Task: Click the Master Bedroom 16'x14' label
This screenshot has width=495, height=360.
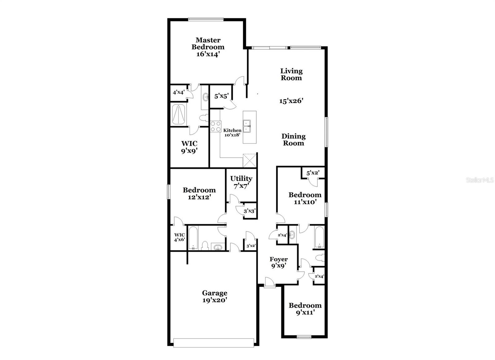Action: [208, 47]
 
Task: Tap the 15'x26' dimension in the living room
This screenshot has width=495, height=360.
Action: [291, 101]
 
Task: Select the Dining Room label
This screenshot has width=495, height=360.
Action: [293, 140]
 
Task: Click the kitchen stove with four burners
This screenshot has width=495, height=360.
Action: [215, 126]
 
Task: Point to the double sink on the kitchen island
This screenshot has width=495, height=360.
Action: [247, 126]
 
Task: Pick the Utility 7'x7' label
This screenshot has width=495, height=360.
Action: [241, 182]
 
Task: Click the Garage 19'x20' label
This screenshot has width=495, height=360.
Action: [215, 296]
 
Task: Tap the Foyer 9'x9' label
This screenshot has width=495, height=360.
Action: [278, 262]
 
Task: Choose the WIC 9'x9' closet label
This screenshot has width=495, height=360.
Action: [189, 147]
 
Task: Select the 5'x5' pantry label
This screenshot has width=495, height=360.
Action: [221, 96]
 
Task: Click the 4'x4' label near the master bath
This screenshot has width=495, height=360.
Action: [179, 92]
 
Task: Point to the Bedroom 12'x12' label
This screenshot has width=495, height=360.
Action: [199, 193]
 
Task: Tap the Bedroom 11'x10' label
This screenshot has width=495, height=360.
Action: [305, 198]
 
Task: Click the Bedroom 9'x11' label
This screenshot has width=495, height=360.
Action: [305, 309]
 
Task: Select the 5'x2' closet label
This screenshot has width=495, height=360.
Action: [313, 173]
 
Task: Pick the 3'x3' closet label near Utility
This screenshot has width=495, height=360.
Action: [249, 211]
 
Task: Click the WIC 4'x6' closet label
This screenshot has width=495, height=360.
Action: [179, 237]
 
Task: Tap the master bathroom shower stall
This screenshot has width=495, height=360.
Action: [179, 114]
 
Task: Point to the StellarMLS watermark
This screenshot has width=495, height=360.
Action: [480, 180]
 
